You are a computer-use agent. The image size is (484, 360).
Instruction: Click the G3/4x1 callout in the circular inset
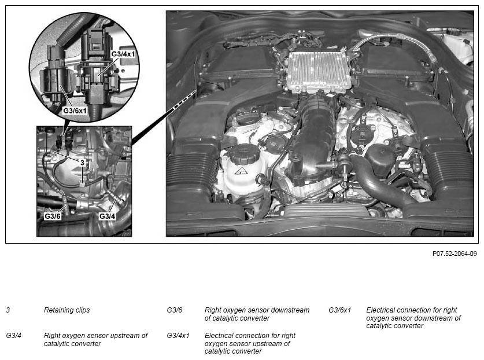coord(123,54)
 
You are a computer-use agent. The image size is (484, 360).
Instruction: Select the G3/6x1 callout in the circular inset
coord(75,111)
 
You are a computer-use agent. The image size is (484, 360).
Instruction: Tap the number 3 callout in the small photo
coord(82,163)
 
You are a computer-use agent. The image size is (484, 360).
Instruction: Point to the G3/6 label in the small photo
coord(53,216)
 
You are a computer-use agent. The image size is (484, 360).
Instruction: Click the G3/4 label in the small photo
coord(107,216)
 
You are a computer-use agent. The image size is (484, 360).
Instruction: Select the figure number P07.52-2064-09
coord(455,254)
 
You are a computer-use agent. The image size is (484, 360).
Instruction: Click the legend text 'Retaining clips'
coord(66,310)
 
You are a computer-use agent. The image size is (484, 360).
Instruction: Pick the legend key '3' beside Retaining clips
coord(8,310)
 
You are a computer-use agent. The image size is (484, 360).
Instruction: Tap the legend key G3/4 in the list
coord(13,335)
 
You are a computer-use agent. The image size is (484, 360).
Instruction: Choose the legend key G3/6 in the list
coord(175,310)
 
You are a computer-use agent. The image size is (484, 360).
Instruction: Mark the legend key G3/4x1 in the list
coord(178,335)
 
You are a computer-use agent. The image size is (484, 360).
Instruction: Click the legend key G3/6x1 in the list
coord(339,310)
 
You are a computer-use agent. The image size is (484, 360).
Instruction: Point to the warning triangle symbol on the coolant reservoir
coord(240,171)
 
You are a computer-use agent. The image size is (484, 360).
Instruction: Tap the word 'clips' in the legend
coord(82,310)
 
